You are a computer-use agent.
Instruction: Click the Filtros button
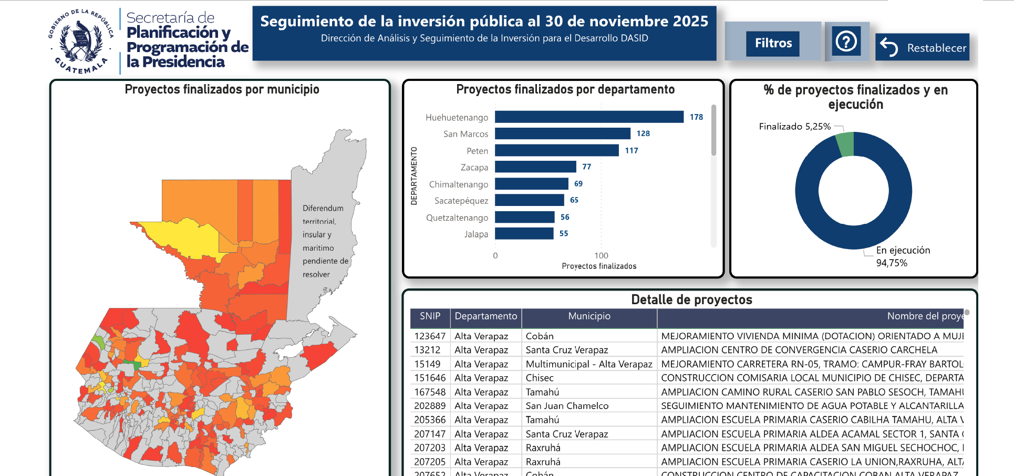(773, 43)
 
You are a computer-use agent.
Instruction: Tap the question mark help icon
(846, 41)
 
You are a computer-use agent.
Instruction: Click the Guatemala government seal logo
(81, 41)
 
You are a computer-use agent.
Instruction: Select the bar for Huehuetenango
(588, 117)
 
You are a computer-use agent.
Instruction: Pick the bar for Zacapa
(535, 167)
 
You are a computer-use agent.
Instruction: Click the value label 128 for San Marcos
(643, 133)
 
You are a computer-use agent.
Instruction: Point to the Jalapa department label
(476, 234)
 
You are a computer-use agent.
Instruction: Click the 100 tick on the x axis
(601, 255)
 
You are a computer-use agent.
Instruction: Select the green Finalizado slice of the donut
(845, 144)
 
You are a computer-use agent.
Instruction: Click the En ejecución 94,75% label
(903, 256)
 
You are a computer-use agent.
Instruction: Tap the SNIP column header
(430, 316)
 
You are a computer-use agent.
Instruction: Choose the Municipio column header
(589, 316)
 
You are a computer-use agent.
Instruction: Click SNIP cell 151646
(430, 378)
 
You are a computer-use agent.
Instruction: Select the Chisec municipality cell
(540, 378)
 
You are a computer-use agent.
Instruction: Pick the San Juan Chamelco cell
(567, 406)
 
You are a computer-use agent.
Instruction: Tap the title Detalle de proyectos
(691, 299)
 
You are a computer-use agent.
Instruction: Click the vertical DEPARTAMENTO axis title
(414, 175)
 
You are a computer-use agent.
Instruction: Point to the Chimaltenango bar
(531, 183)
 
